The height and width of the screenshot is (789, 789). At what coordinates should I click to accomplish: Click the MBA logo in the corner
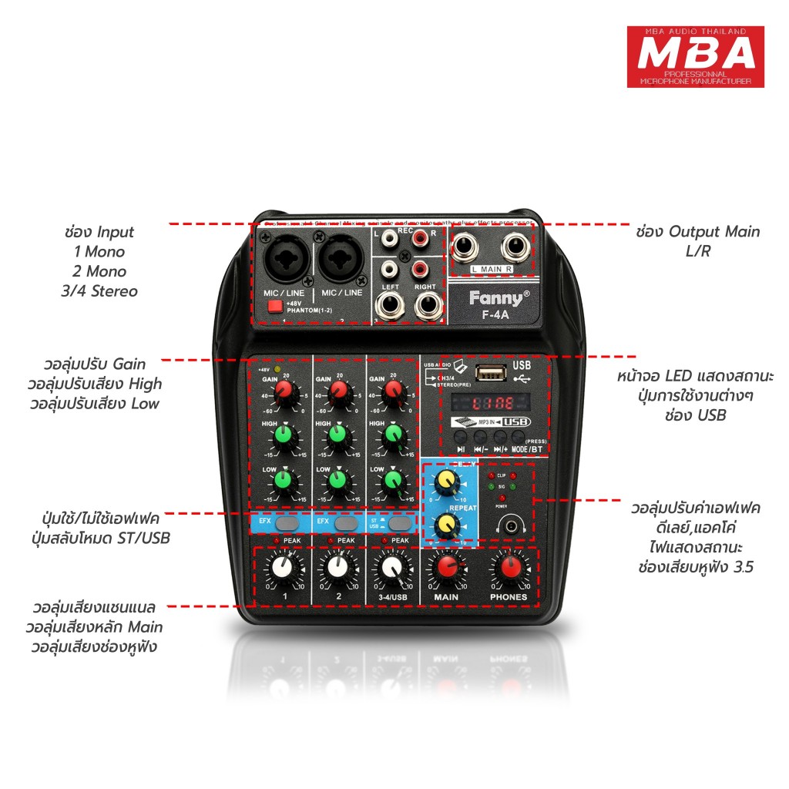[x=695, y=56]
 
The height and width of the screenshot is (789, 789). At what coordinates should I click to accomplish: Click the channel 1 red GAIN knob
[x=284, y=394]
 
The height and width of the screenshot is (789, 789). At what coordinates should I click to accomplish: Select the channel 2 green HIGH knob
[x=337, y=436]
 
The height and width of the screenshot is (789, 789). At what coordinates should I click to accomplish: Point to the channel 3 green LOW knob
[x=392, y=482]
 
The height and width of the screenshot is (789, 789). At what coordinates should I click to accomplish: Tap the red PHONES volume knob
[x=509, y=569]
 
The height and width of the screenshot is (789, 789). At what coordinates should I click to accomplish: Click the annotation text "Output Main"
[x=713, y=232]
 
